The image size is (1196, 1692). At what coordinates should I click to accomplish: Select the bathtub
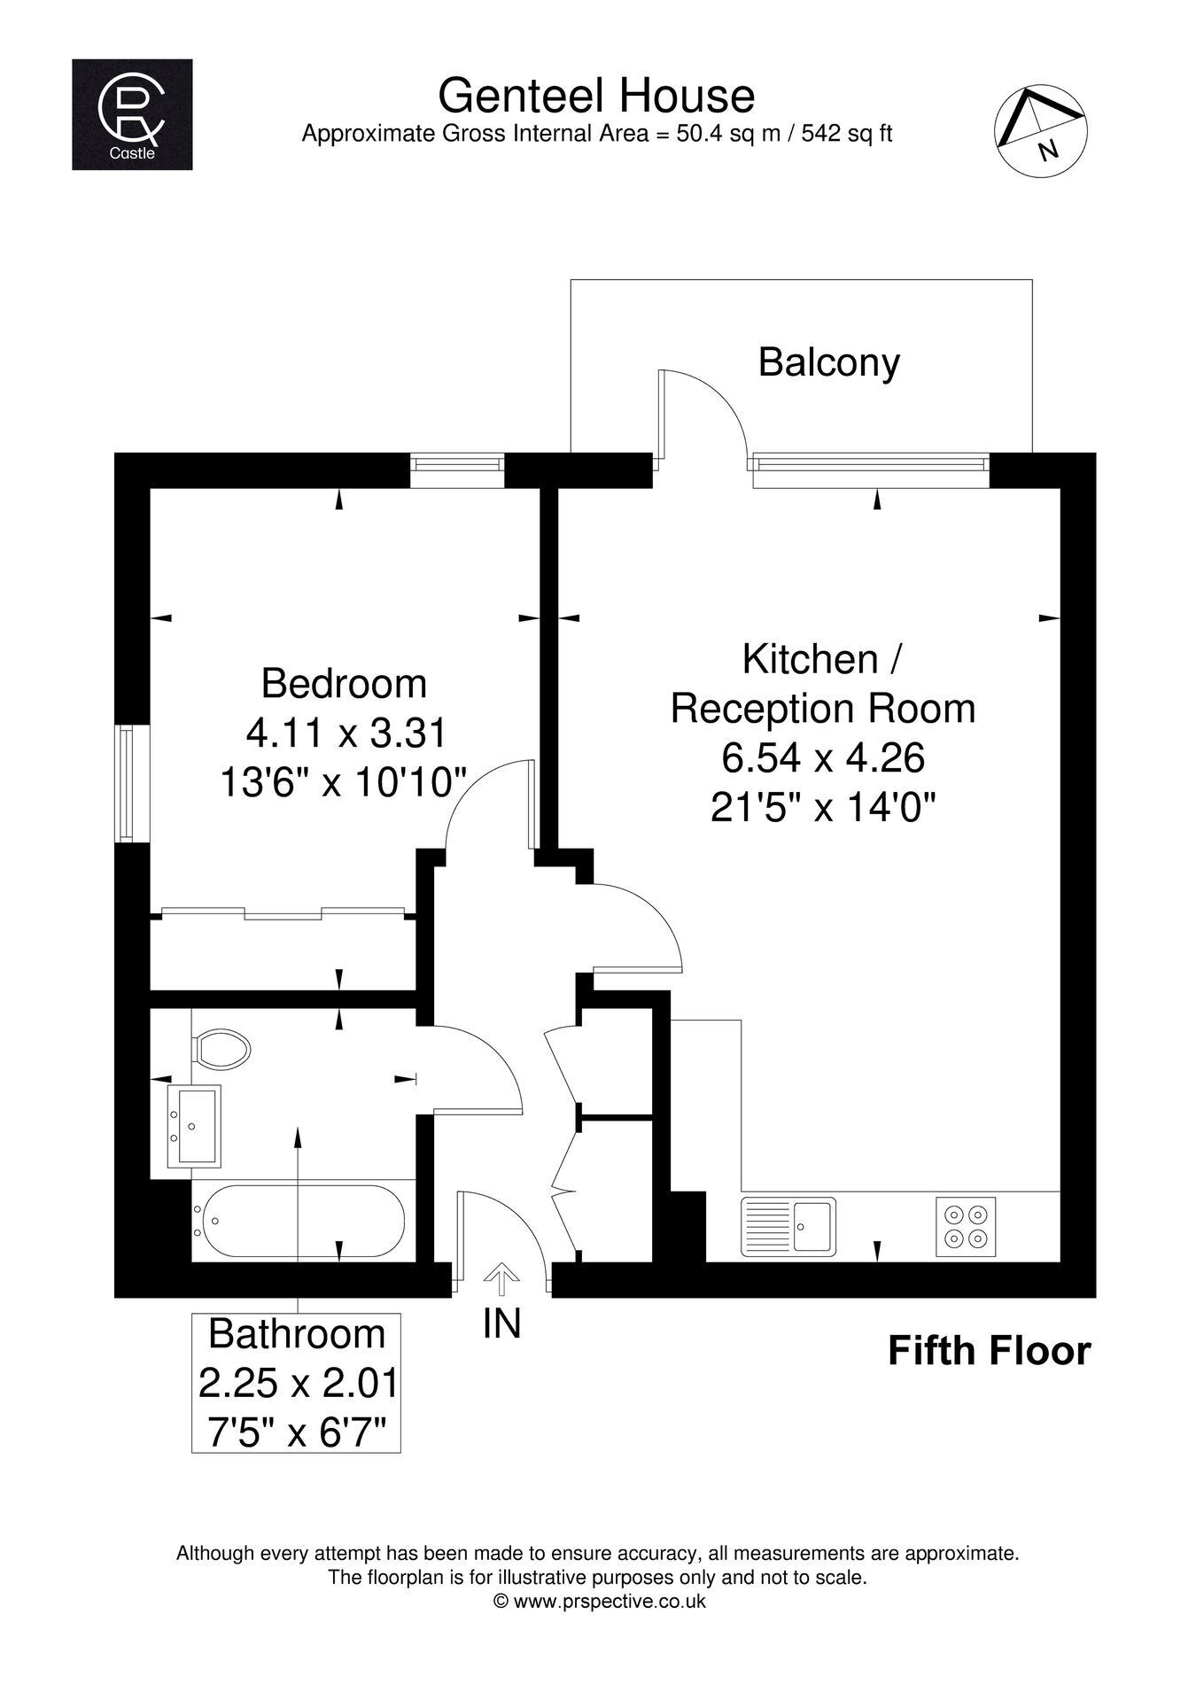299,1221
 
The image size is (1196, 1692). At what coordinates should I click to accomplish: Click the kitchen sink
788,1226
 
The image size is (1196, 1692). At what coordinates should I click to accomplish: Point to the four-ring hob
966,1226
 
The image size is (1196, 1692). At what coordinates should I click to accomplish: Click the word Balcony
828,363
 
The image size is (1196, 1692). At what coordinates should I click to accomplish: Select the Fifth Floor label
989,1352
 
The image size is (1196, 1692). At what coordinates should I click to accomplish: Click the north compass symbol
1040,130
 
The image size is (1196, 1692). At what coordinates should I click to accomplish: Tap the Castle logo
132,114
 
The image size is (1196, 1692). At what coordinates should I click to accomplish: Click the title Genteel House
596,95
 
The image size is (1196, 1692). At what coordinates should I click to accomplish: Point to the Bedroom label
344,684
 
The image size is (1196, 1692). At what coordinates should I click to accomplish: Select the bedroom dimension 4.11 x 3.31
345,733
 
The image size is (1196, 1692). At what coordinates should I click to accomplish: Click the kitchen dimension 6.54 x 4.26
823,757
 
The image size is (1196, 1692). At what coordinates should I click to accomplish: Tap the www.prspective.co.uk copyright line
599,1601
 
